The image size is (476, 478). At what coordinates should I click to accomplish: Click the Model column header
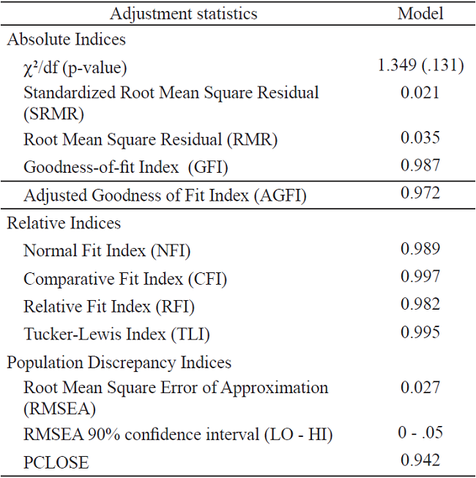[420, 13]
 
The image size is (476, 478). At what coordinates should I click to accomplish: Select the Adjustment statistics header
[183, 13]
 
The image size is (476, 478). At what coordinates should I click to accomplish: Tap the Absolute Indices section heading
[67, 40]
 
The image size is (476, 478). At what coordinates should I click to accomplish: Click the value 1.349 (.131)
[420, 65]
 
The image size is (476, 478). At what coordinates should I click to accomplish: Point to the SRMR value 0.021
[420, 92]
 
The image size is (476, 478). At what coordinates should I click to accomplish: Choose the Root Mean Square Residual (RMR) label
[151, 139]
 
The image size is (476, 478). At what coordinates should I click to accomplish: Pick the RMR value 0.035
[420, 138]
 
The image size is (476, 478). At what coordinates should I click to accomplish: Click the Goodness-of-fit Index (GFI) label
[126, 167]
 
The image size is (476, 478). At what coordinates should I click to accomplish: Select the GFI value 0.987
[420, 165]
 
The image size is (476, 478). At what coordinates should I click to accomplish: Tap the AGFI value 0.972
[420, 193]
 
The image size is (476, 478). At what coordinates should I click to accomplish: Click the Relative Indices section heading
[64, 223]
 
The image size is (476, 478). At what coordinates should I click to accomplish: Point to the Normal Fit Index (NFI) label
[107, 251]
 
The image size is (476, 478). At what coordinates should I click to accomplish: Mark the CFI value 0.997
[420, 277]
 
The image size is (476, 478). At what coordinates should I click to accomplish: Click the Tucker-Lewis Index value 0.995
[420, 332]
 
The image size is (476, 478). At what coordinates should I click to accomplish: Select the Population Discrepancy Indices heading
[119, 362]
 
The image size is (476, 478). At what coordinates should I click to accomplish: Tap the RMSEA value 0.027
[420, 388]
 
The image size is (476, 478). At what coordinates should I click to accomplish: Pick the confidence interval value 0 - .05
[420, 433]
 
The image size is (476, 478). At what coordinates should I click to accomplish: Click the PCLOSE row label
[56, 463]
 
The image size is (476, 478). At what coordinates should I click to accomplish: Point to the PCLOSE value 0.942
[420, 460]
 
